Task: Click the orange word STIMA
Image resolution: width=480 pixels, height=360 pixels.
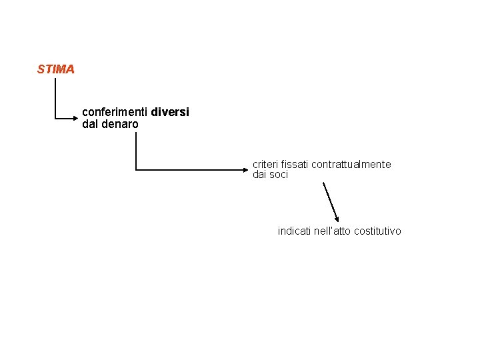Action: [x=56, y=69]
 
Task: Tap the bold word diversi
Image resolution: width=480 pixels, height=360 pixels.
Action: [x=170, y=113]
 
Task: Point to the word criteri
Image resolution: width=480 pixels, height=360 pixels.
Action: [x=265, y=164]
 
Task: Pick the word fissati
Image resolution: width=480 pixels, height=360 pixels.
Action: [x=295, y=164]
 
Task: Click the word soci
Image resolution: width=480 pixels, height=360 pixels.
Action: [x=279, y=175]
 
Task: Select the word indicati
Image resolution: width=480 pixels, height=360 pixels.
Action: [x=295, y=231]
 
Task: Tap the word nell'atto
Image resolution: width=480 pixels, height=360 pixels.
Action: [x=332, y=231]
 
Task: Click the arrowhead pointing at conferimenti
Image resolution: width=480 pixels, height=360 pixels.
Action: [x=75, y=118]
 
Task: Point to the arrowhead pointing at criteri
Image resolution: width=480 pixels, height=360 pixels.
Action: [x=245, y=170]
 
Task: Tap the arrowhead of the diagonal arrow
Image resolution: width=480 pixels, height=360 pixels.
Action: [x=337, y=219]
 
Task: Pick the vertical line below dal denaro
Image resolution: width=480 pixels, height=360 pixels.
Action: [x=136, y=150]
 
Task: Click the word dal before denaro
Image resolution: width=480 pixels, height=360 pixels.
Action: [x=89, y=124]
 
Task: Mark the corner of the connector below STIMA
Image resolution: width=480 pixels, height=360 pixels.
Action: [x=55, y=118]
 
